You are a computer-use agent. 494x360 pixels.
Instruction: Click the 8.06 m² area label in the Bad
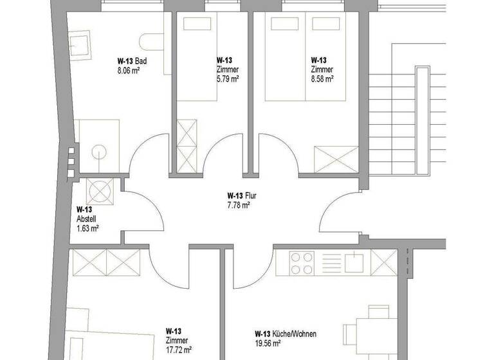click(128, 71)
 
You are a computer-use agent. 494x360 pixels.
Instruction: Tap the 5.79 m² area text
click(228, 78)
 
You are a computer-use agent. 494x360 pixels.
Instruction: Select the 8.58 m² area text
click(322, 78)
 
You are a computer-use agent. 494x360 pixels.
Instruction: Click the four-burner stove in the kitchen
click(303, 262)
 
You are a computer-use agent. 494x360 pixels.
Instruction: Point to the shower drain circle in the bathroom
click(98, 152)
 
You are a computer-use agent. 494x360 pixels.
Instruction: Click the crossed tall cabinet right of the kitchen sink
click(385, 262)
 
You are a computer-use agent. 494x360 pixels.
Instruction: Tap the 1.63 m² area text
click(87, 228)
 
